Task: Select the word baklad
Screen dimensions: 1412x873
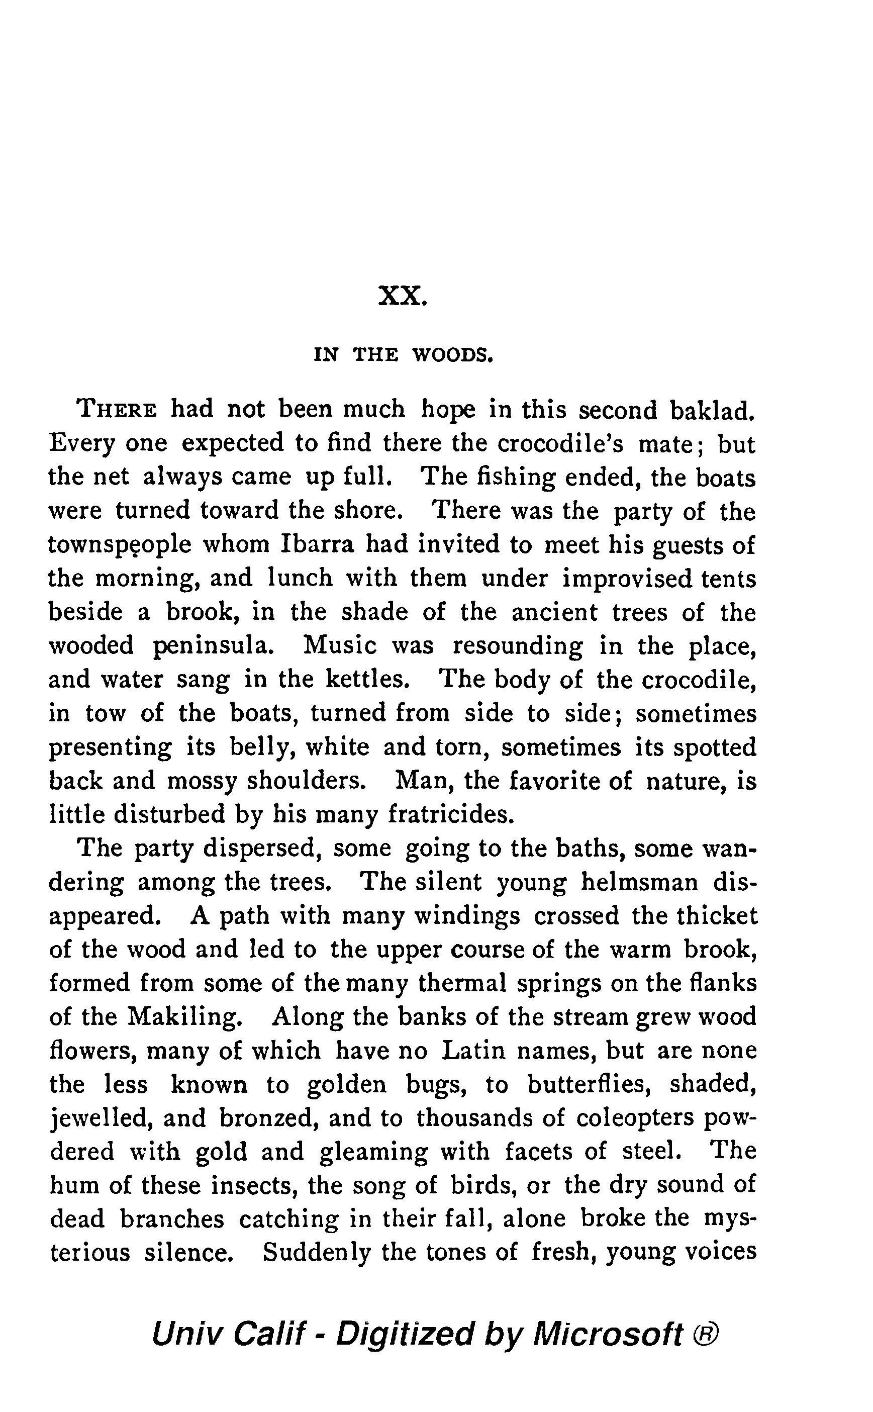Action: tap(712, 410)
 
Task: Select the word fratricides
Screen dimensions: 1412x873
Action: tap(450, 814)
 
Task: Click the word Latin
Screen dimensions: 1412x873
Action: tap(473, 1051)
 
